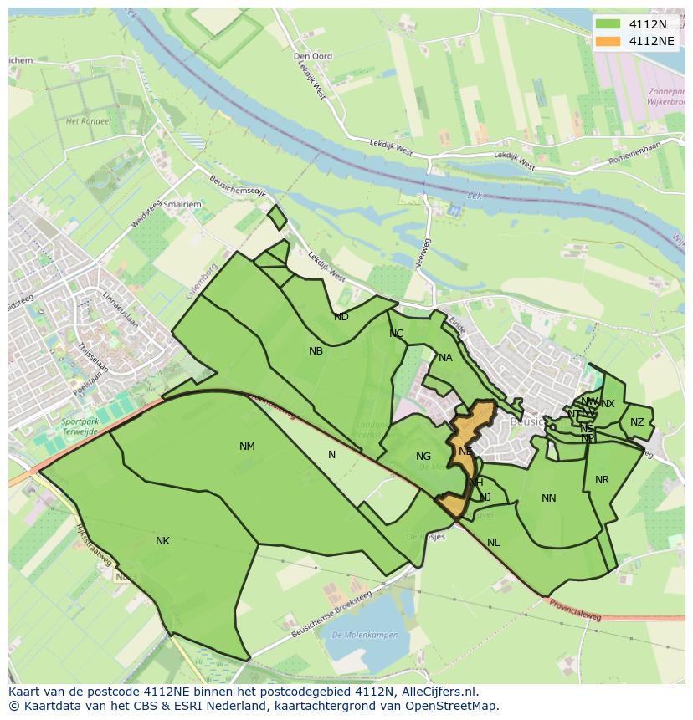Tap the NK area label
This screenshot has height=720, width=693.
[x=162, y=541]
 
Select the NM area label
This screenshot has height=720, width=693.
[x=247, y=447]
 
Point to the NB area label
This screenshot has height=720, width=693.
[x=316, y=351]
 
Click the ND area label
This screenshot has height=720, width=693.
[x=341, y=317]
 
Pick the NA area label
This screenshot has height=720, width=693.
[x=445, y=358]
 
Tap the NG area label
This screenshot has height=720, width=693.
[x=423, y=457]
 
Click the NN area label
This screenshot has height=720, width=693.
[x=548, y=498]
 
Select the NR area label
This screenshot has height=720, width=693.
[x=602, y=480]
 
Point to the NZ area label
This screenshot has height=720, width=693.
[x=638, y=422]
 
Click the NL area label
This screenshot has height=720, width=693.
[x=494, y=543]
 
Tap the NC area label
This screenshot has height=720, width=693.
[x=397, y=334]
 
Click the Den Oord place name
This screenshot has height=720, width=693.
[x=313, y=57]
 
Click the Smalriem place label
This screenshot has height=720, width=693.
[x=182, y=203]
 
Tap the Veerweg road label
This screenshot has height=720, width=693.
[x=425, y=253]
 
